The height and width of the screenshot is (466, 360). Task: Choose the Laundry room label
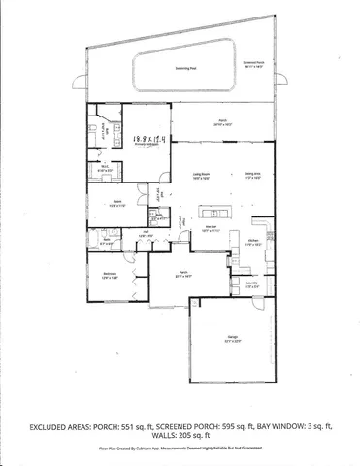click(x=250, y=283)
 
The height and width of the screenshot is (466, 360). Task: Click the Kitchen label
click(x=253, y=244)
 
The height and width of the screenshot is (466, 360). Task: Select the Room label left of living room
click(x=116, y=204)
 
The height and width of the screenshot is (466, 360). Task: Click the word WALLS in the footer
click(x=151, y=436)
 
